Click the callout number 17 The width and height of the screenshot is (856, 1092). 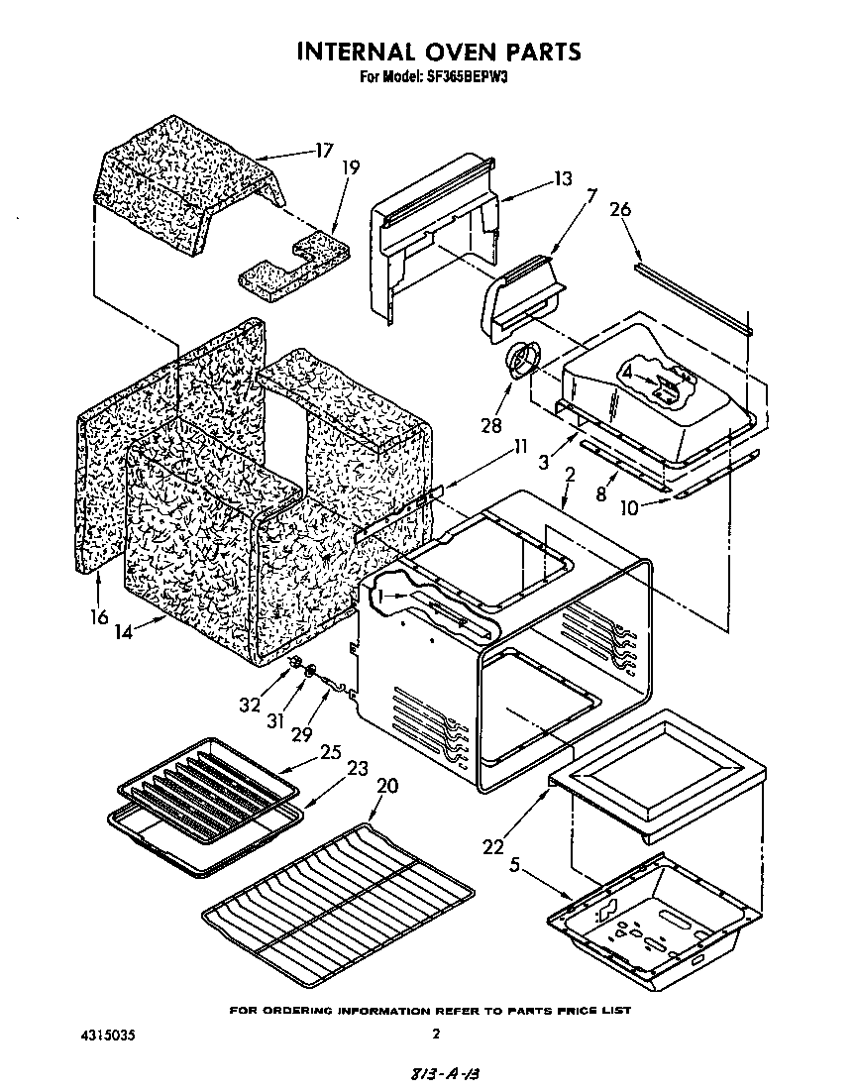pos(323,152)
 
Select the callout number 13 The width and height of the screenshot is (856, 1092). pos(563,179)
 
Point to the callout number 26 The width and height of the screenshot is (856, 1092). pos(620,210)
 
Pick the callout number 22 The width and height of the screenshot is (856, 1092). pos(493,846)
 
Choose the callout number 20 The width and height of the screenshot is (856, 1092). pos(387,785)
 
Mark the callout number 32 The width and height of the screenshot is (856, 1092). pos(250,705)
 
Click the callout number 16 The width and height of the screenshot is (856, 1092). pos(98,616)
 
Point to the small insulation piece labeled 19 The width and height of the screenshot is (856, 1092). pos(287,266)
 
